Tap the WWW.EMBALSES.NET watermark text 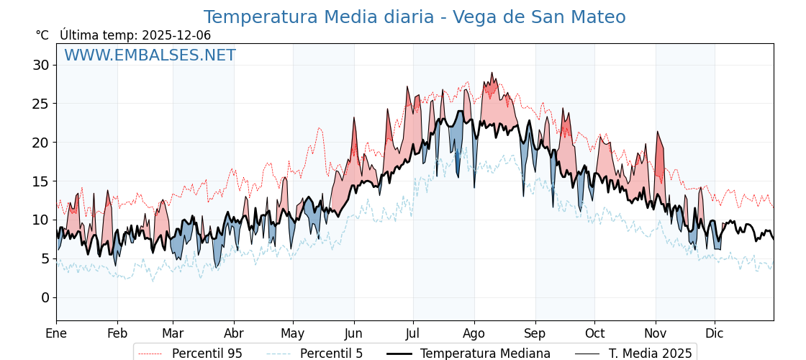click(150, 55)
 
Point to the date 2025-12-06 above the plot click(176, 35)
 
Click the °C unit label click(42, 35)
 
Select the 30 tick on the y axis click(41, 65)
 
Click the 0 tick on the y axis click(45, 297)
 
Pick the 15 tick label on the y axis click(41, 181)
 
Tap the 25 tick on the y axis click(41, 104)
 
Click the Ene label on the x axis click(56, 333)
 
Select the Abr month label click(234, 333)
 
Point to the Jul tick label click(413, 333)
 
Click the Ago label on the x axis click(474, 333)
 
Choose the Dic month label click(715, 333)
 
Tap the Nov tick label click(656, 333)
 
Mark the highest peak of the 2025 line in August click(492, 73)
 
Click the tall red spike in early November click(657, 132)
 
